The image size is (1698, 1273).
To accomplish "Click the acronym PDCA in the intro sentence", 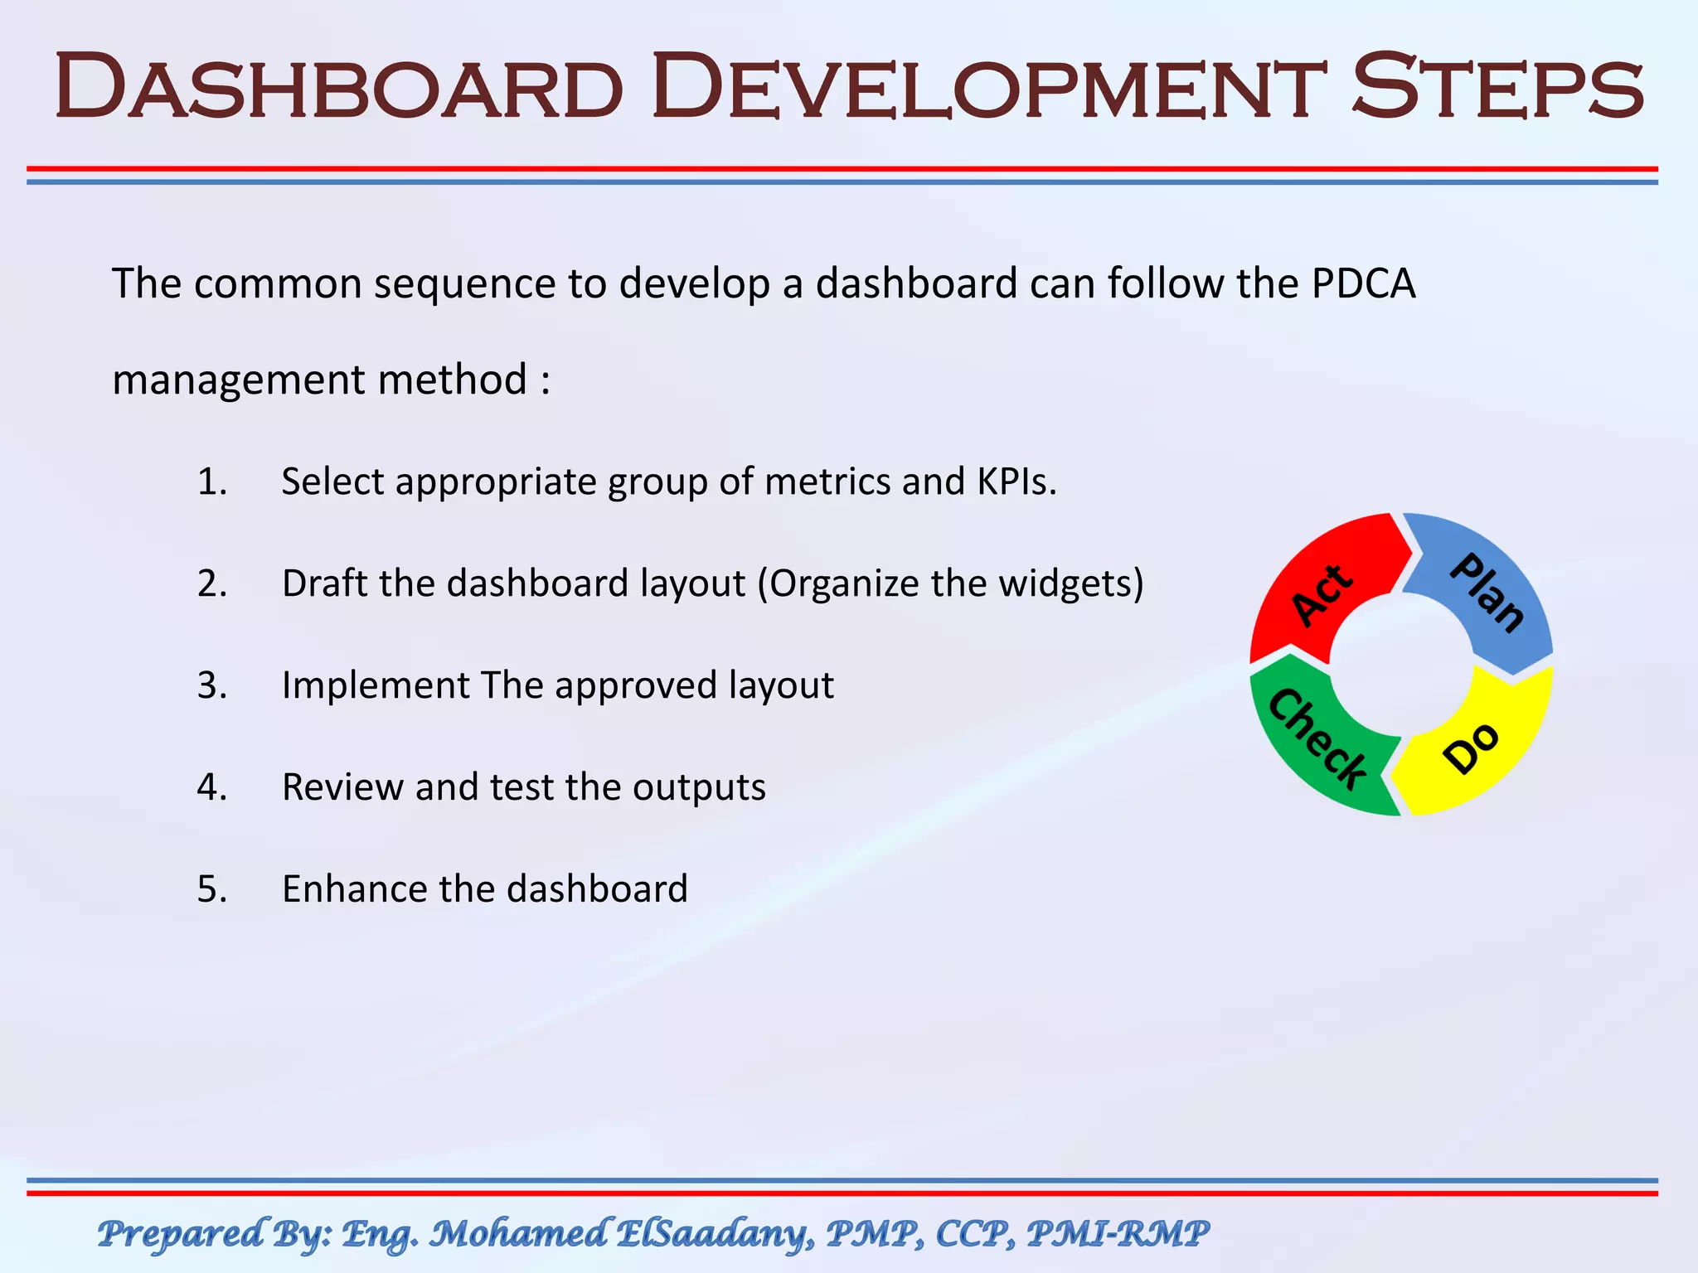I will coord(1363,283).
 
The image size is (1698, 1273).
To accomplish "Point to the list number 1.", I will coord(211,482).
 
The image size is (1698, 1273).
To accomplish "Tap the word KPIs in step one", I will coord(1016,482).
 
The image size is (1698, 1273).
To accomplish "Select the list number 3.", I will coord(211,685).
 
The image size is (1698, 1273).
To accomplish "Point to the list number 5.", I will coord(211,889).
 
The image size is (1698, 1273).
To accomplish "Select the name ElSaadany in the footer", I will coord(712,1233).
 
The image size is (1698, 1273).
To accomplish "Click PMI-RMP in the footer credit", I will coord(1118,1233).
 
